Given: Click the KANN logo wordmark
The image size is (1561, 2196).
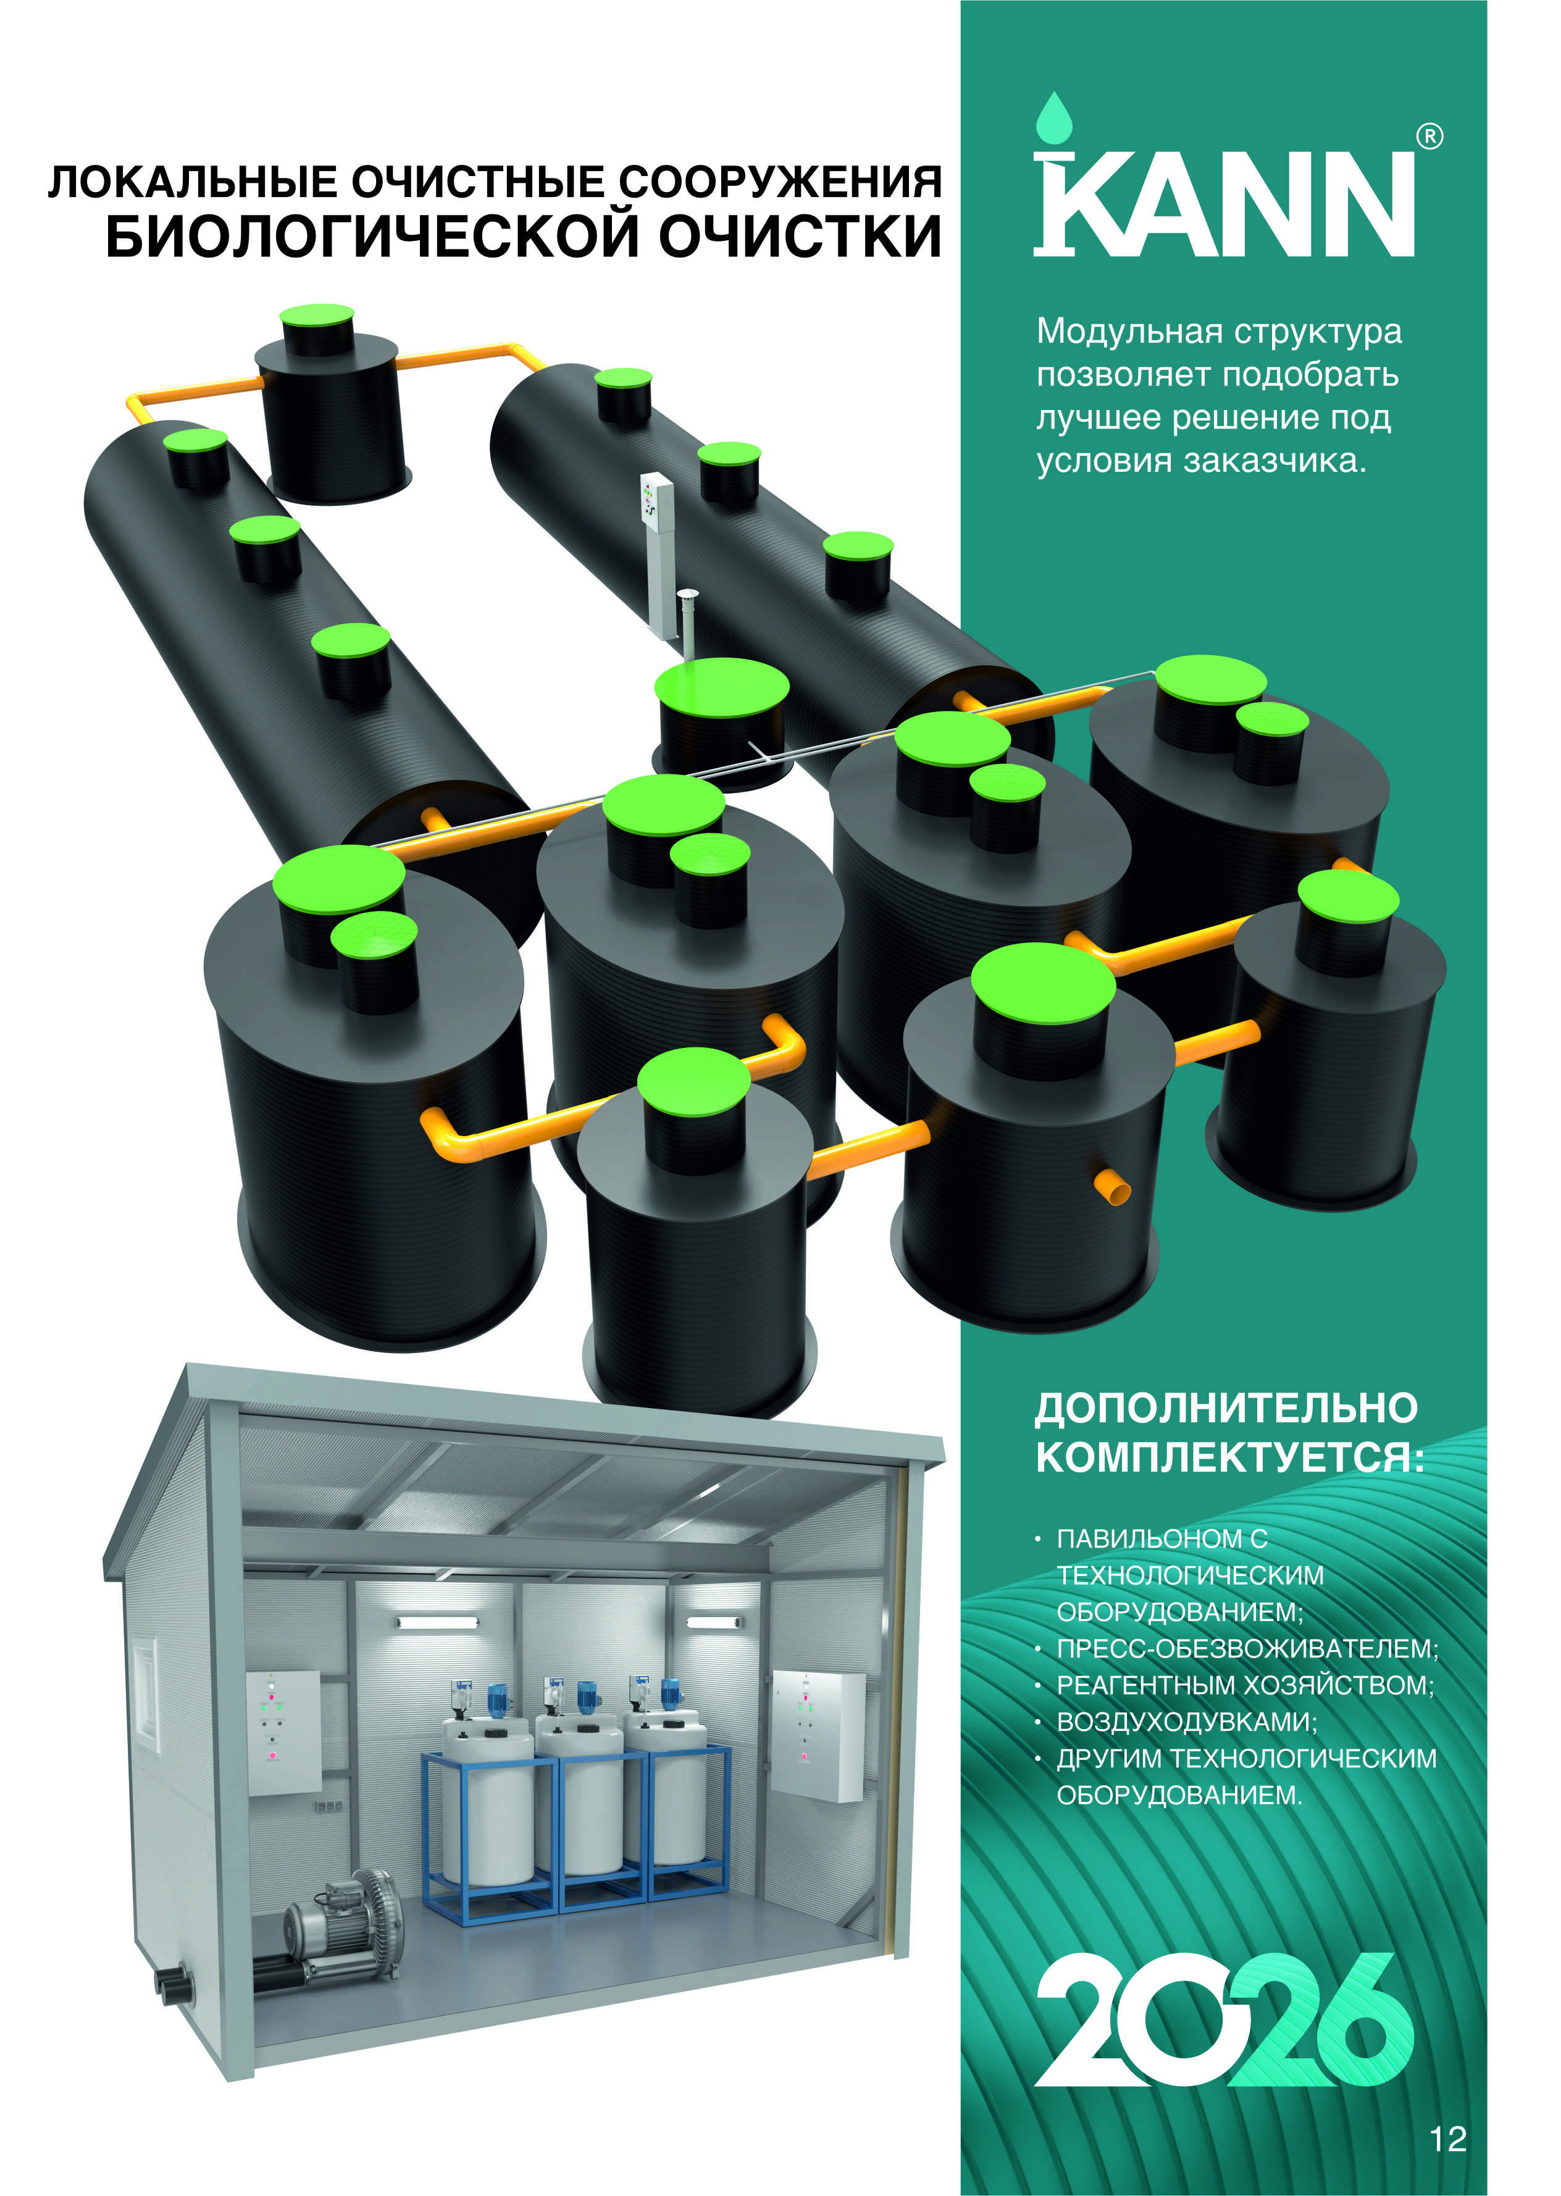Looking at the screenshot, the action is pyautogui.click(x=1224, y=203).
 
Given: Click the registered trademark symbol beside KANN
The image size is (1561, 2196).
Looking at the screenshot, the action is pyautogui.click(x=1430, y=136).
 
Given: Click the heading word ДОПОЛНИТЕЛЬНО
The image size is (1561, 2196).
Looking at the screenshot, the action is pyautogui.click(x=1226, y=1408).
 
